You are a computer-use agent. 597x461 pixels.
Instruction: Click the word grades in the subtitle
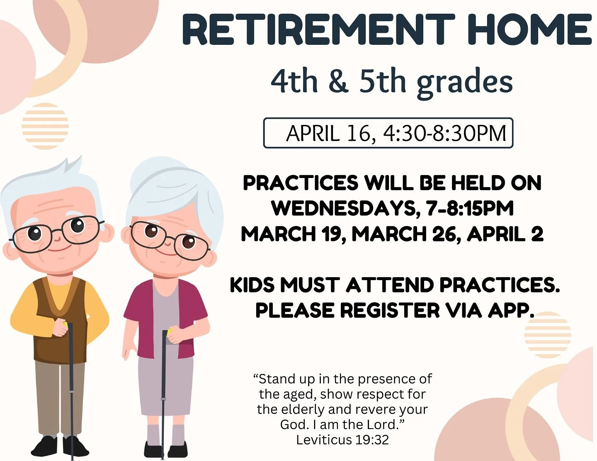pyautogui.click(x=464, y=82)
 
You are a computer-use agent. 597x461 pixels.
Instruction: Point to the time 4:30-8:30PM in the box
pyautogui.click(x=444, y=134)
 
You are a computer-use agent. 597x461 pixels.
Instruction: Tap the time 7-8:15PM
pyautogui.click(x=470, y=208)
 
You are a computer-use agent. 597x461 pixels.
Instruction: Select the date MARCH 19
pyautogui.click(x=293, y=234)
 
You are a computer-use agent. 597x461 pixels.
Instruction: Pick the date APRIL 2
pyautogui.click(x=505, y=234)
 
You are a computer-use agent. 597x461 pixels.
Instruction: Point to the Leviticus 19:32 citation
pyautogui.click(x=342, y=440)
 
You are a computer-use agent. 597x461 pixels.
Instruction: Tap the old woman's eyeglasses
pyautogui.click(x=170, y=238)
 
